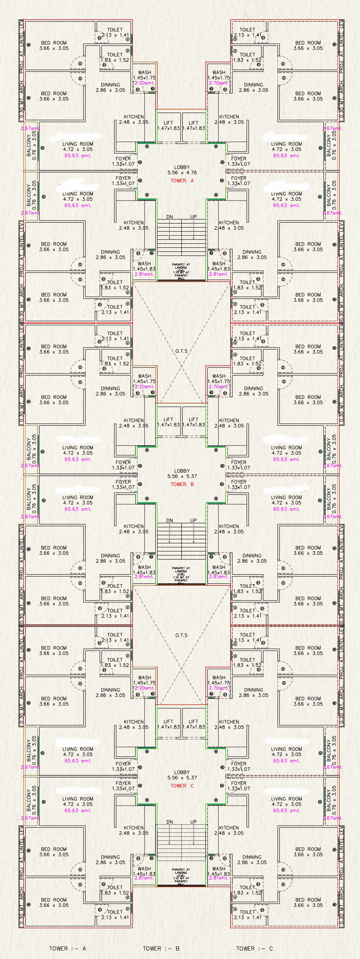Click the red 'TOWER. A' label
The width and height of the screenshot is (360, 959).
pos(182,180)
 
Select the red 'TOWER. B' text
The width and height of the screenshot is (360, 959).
pos(182,484)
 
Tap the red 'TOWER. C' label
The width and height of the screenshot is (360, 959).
pos(182,786)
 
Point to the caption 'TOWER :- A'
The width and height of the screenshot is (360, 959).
pos(68,948)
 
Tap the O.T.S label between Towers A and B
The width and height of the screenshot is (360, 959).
pos(181,351)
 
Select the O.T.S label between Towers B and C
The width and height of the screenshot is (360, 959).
pos(181,635)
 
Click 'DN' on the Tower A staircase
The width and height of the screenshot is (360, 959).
pos(170,217)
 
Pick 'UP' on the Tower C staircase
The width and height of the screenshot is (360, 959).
pos(193,822)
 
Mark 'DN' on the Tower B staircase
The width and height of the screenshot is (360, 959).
pos(170,520)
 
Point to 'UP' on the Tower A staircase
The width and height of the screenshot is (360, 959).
pos(193,217)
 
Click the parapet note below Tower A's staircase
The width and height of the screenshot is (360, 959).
pos(181,271)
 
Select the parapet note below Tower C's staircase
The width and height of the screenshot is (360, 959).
pos(181,876)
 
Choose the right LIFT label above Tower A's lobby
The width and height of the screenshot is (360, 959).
pos(193,123)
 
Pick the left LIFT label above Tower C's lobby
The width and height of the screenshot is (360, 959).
pos(168,721)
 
